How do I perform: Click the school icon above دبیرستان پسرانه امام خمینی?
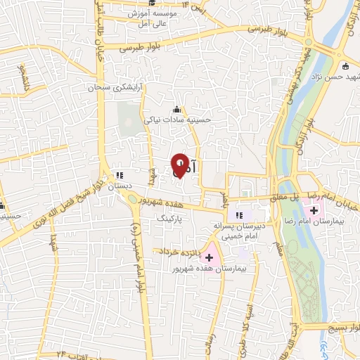point(238,214)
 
